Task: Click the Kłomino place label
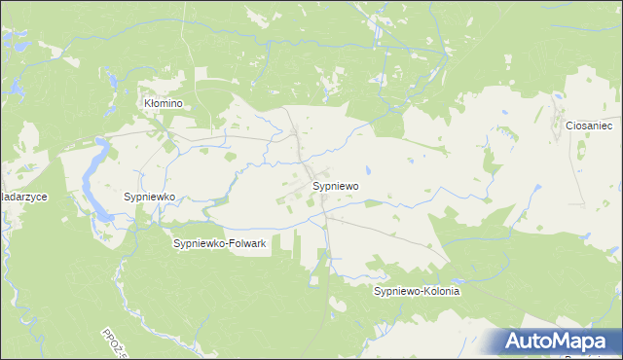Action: (164, 102)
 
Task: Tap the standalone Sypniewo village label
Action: (337, 185)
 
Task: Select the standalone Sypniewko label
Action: (149, 197)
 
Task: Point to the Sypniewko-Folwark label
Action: (220, 243)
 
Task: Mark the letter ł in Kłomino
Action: (152, 102)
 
